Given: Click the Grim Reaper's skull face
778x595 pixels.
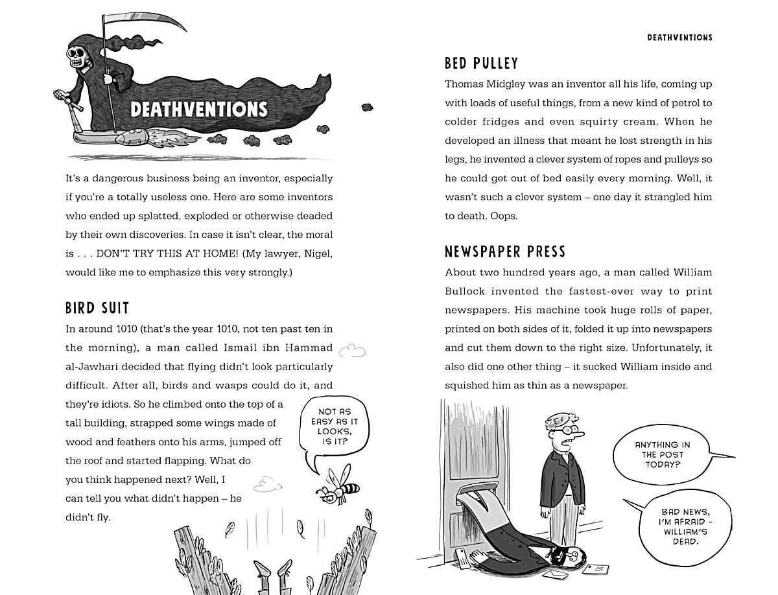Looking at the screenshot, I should (80, 55).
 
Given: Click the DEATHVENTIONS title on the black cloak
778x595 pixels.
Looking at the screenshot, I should (198, 109).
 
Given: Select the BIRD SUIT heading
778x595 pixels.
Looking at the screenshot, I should (97, 308).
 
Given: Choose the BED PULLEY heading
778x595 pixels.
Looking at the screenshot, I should (482, 64).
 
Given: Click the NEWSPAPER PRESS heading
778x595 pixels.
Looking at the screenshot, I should (505, 251).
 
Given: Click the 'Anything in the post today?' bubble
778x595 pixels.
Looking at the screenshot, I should (662, 454).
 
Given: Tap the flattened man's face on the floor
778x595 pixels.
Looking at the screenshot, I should (567, 554).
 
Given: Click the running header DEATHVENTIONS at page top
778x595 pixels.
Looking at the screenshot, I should (679, 38).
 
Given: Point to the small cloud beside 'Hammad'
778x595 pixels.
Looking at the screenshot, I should (353, 351).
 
